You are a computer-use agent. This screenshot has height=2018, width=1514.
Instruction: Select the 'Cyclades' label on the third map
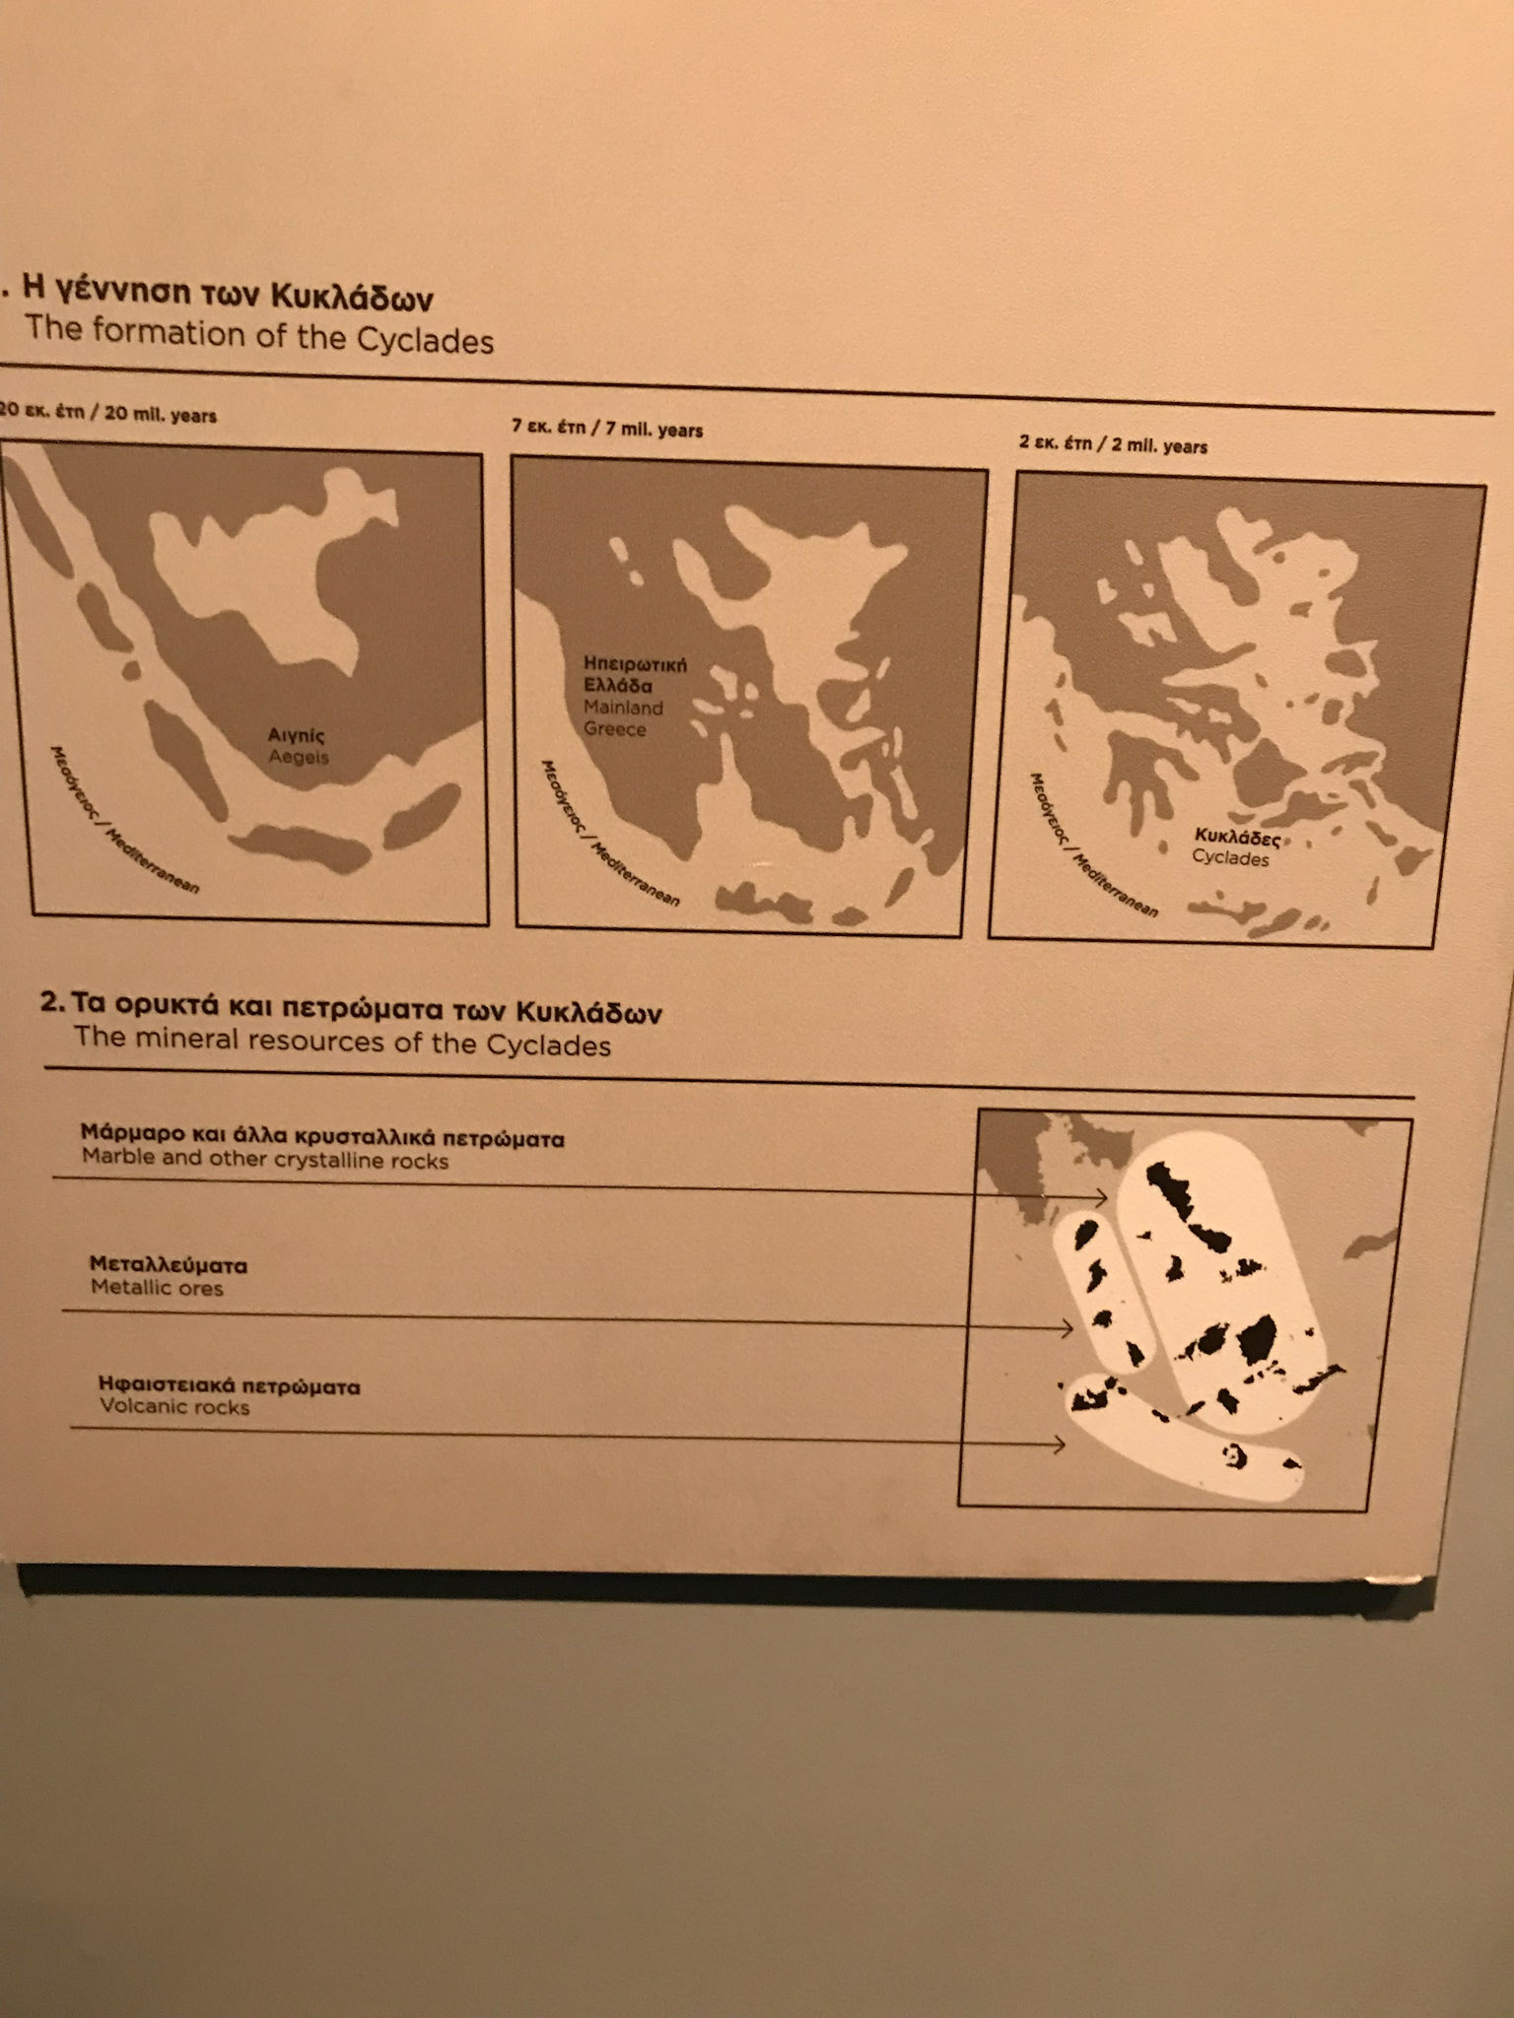[x=1230, y=858]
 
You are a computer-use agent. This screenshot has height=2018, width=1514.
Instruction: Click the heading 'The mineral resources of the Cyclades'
[x=342, y=1043]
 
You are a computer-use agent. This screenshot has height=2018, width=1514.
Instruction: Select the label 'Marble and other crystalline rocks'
[x=265, y=1161]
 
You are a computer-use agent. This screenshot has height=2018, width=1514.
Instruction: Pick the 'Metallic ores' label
[x=157, y=1287]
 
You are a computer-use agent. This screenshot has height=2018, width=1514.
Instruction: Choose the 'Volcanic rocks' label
[x=174, y=1407]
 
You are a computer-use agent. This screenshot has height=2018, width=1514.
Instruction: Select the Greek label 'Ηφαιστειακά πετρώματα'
[x=230, y=1385]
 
